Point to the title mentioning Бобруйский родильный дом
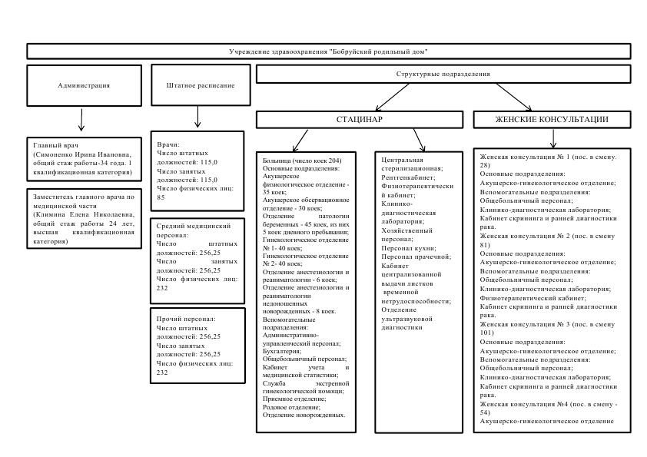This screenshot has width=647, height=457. coord(328,51)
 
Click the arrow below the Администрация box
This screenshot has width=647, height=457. coord(81,120)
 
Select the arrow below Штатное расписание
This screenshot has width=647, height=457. coord(197,117)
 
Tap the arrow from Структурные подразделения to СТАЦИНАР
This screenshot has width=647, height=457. coord(392,98)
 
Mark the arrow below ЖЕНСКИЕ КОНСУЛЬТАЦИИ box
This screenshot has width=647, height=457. coord(553,138)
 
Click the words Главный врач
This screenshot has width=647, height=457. coord(55,145)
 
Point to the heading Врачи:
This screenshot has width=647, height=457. coord(168,144)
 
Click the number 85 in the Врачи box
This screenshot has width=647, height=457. coord(161,197)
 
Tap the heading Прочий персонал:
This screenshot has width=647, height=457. coord(186,319)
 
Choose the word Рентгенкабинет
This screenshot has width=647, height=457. coord(407,177)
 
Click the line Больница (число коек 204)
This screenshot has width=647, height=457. coord(302,161)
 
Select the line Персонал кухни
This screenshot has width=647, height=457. coord(409,248)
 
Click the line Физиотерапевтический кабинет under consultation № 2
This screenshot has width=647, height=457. coord(533,298)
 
